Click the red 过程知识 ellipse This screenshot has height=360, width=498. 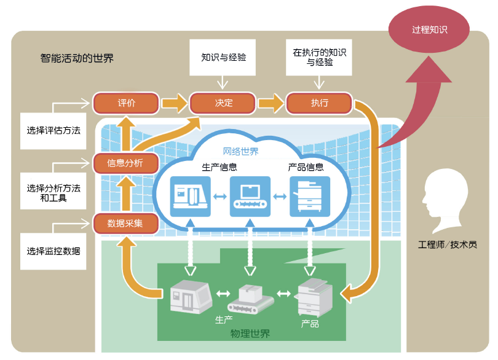(429, 30)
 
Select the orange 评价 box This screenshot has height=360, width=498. (126, 103)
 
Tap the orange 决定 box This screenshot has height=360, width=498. (223, 103)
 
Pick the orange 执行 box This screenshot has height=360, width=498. (319, 103)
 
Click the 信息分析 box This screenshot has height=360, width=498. (125, 163)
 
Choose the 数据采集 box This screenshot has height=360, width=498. (125, 223)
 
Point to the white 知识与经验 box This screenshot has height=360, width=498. (223, 58)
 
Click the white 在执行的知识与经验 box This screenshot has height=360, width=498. (319, 58)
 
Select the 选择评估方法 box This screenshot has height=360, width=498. (53, 131)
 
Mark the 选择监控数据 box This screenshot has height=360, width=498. (53, 251)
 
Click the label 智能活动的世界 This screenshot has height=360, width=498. (77, 59)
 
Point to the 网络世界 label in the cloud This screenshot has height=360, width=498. (240, 151)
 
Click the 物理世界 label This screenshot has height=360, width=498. (250, 334)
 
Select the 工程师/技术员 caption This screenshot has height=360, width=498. (447, 245)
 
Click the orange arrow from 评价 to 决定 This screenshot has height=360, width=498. (175, 103)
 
